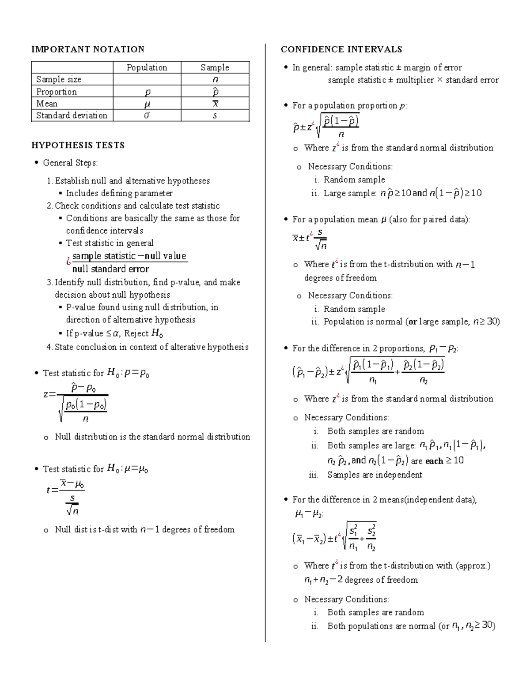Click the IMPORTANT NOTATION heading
tap(87, 49)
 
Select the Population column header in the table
tap(147, 67)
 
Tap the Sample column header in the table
tap(215, 67)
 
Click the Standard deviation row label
tap(72, 116)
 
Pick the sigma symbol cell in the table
tap(147, 116)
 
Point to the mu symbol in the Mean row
tap(147, 104)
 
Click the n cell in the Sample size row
tap(215, 80)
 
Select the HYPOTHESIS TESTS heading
tap(78, 146)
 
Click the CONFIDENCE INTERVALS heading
tap(341, 49)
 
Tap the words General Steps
tap(70, 163)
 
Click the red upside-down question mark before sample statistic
tap(68, 262)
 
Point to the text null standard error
tap(110, 269)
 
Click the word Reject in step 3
tap(136, 333)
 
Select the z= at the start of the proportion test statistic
tap(49, 395)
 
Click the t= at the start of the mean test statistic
tap(52, 490)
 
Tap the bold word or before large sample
tap(413, 322)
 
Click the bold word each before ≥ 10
tap(434, 461)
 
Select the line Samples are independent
tap(375, 475)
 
